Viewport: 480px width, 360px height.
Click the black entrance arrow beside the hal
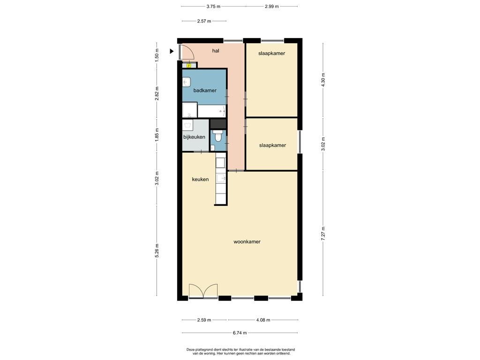tap(172, 52)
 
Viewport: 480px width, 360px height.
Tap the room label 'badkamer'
tap(205, 90)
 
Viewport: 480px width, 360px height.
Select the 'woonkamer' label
tap(247, 241)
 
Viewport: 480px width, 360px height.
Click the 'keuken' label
tap(200, 180)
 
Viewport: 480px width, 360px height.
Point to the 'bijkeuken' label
tap(194, 137)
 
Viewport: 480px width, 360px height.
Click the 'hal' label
tap(216, 51)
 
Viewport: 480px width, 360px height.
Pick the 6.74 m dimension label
tap(240, 333)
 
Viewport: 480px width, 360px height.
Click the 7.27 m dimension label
tap(323, 233)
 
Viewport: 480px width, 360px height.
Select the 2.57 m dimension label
tap(204, 21)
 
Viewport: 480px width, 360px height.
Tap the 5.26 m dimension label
tap(157, 251)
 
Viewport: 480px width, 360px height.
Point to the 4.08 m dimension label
tap(263, 320)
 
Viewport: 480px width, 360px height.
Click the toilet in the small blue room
tap(218, 136)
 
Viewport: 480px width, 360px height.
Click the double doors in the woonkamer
tap(203, 291)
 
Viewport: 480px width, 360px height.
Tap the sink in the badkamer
tap(187, 82)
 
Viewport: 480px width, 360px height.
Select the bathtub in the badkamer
tap(212, 111)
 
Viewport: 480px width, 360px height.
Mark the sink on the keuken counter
tap(221, 178)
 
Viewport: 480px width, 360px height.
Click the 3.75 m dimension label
tap(213, 6)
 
